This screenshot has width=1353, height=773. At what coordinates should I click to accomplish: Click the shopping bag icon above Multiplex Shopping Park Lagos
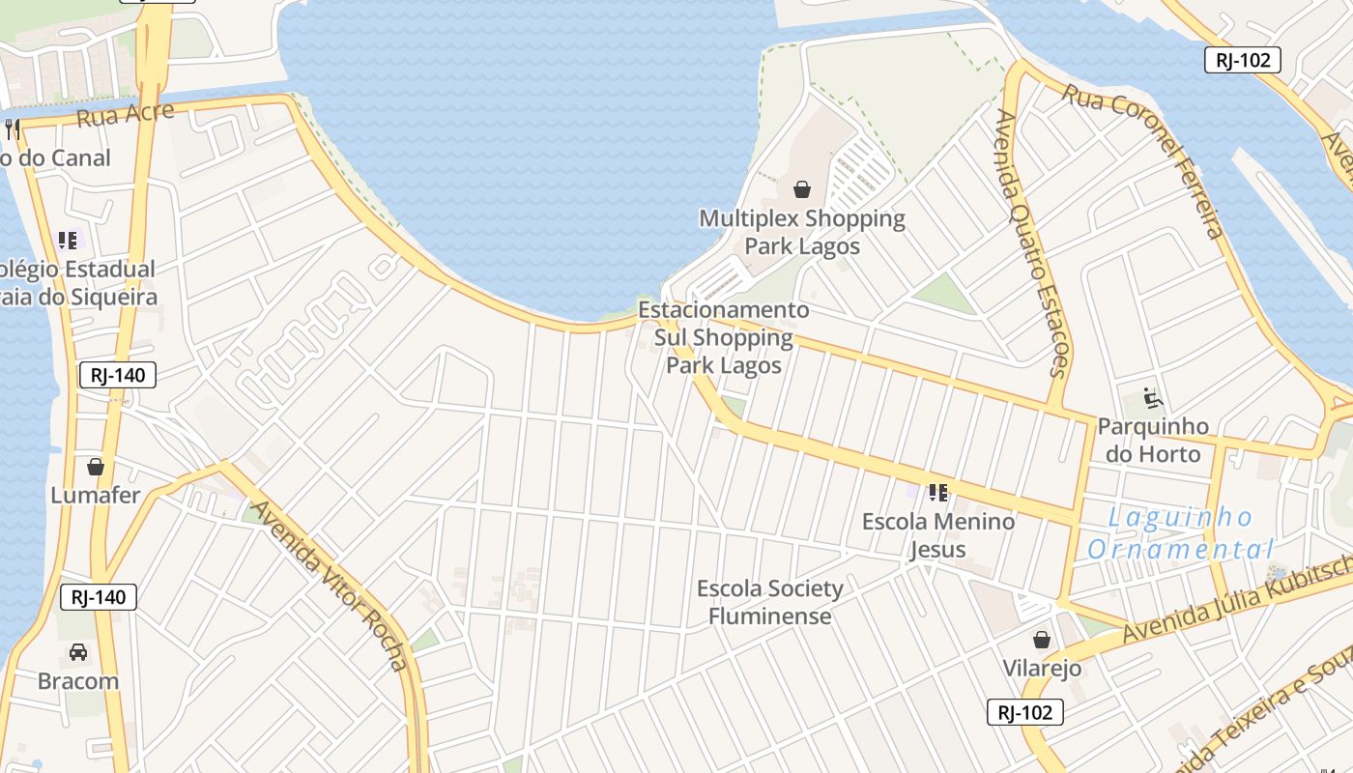pyautogui.click(x=802, y=188)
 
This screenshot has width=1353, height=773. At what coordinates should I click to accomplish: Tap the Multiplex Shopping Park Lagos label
pyautogui.click(x=802, y=232)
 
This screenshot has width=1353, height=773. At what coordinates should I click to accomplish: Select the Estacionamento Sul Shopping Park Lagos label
pyautogui.click(x=724, y=338)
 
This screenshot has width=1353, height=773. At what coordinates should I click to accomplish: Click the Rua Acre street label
pyautogui.click(x=125, y=114)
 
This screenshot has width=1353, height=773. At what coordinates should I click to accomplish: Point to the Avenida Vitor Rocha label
pyautogui.click(x=330, y=585)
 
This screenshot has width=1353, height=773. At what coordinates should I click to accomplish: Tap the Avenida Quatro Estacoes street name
pyautogui.click(x=1032, y=242)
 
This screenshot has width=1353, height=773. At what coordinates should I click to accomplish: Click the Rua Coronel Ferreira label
pyautogui.click(x=1145, y=159)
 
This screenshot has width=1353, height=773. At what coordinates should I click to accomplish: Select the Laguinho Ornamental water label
pyautogui.click(x=1180, y=533)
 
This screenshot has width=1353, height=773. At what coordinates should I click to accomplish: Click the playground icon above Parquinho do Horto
pyautogui.click(x=1152, y=398)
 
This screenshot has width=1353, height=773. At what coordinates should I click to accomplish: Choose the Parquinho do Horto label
pyautogui.click(x=1153, y=440)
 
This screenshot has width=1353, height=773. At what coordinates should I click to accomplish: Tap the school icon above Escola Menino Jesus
pyautogui.click(x=937, y=493)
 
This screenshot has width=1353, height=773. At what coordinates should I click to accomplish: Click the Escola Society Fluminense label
pyautogui.click(x=770, y=602)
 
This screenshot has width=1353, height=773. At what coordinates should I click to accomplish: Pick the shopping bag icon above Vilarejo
pyautogui.click(x=1042, y=640)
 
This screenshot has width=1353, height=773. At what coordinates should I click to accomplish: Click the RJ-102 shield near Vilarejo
pyautogui.click(x=1025, y=713)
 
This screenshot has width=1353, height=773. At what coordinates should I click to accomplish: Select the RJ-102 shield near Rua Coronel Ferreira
pyautogui.click(x=1243, y=60)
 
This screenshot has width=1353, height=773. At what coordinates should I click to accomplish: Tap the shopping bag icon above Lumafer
pyautogui.click(x=96, y=468)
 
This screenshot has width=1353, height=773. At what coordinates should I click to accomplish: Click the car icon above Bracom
pyautogui.click(x=78, y=652)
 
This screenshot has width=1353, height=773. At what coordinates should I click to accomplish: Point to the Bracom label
pyautogui.click(x=78, y=681)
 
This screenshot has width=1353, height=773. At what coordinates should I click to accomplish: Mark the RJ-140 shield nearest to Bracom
pyautogui.click(x=99, y=597)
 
